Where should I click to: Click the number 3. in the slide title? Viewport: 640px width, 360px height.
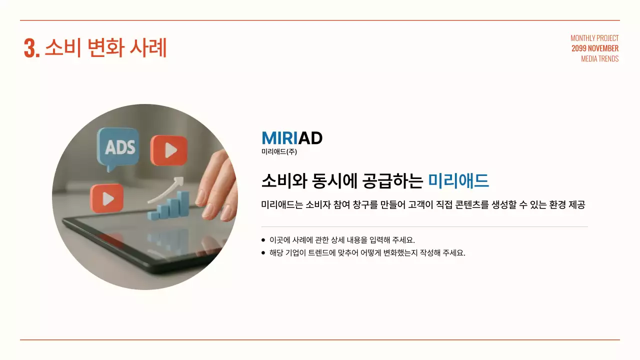31,48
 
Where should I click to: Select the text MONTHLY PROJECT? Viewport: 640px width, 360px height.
594,38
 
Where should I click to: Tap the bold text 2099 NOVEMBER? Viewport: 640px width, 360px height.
595,48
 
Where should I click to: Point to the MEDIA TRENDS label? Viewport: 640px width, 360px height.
599,58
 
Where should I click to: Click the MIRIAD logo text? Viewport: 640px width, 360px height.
291,138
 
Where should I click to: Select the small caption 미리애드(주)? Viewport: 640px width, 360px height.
279,151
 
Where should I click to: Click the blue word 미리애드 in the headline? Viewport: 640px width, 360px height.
458,180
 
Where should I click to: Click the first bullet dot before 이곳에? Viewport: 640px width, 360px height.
263,240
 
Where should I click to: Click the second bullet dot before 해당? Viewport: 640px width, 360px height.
263,252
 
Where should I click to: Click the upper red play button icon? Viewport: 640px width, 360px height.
169,150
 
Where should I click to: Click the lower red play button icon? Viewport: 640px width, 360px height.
106,198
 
